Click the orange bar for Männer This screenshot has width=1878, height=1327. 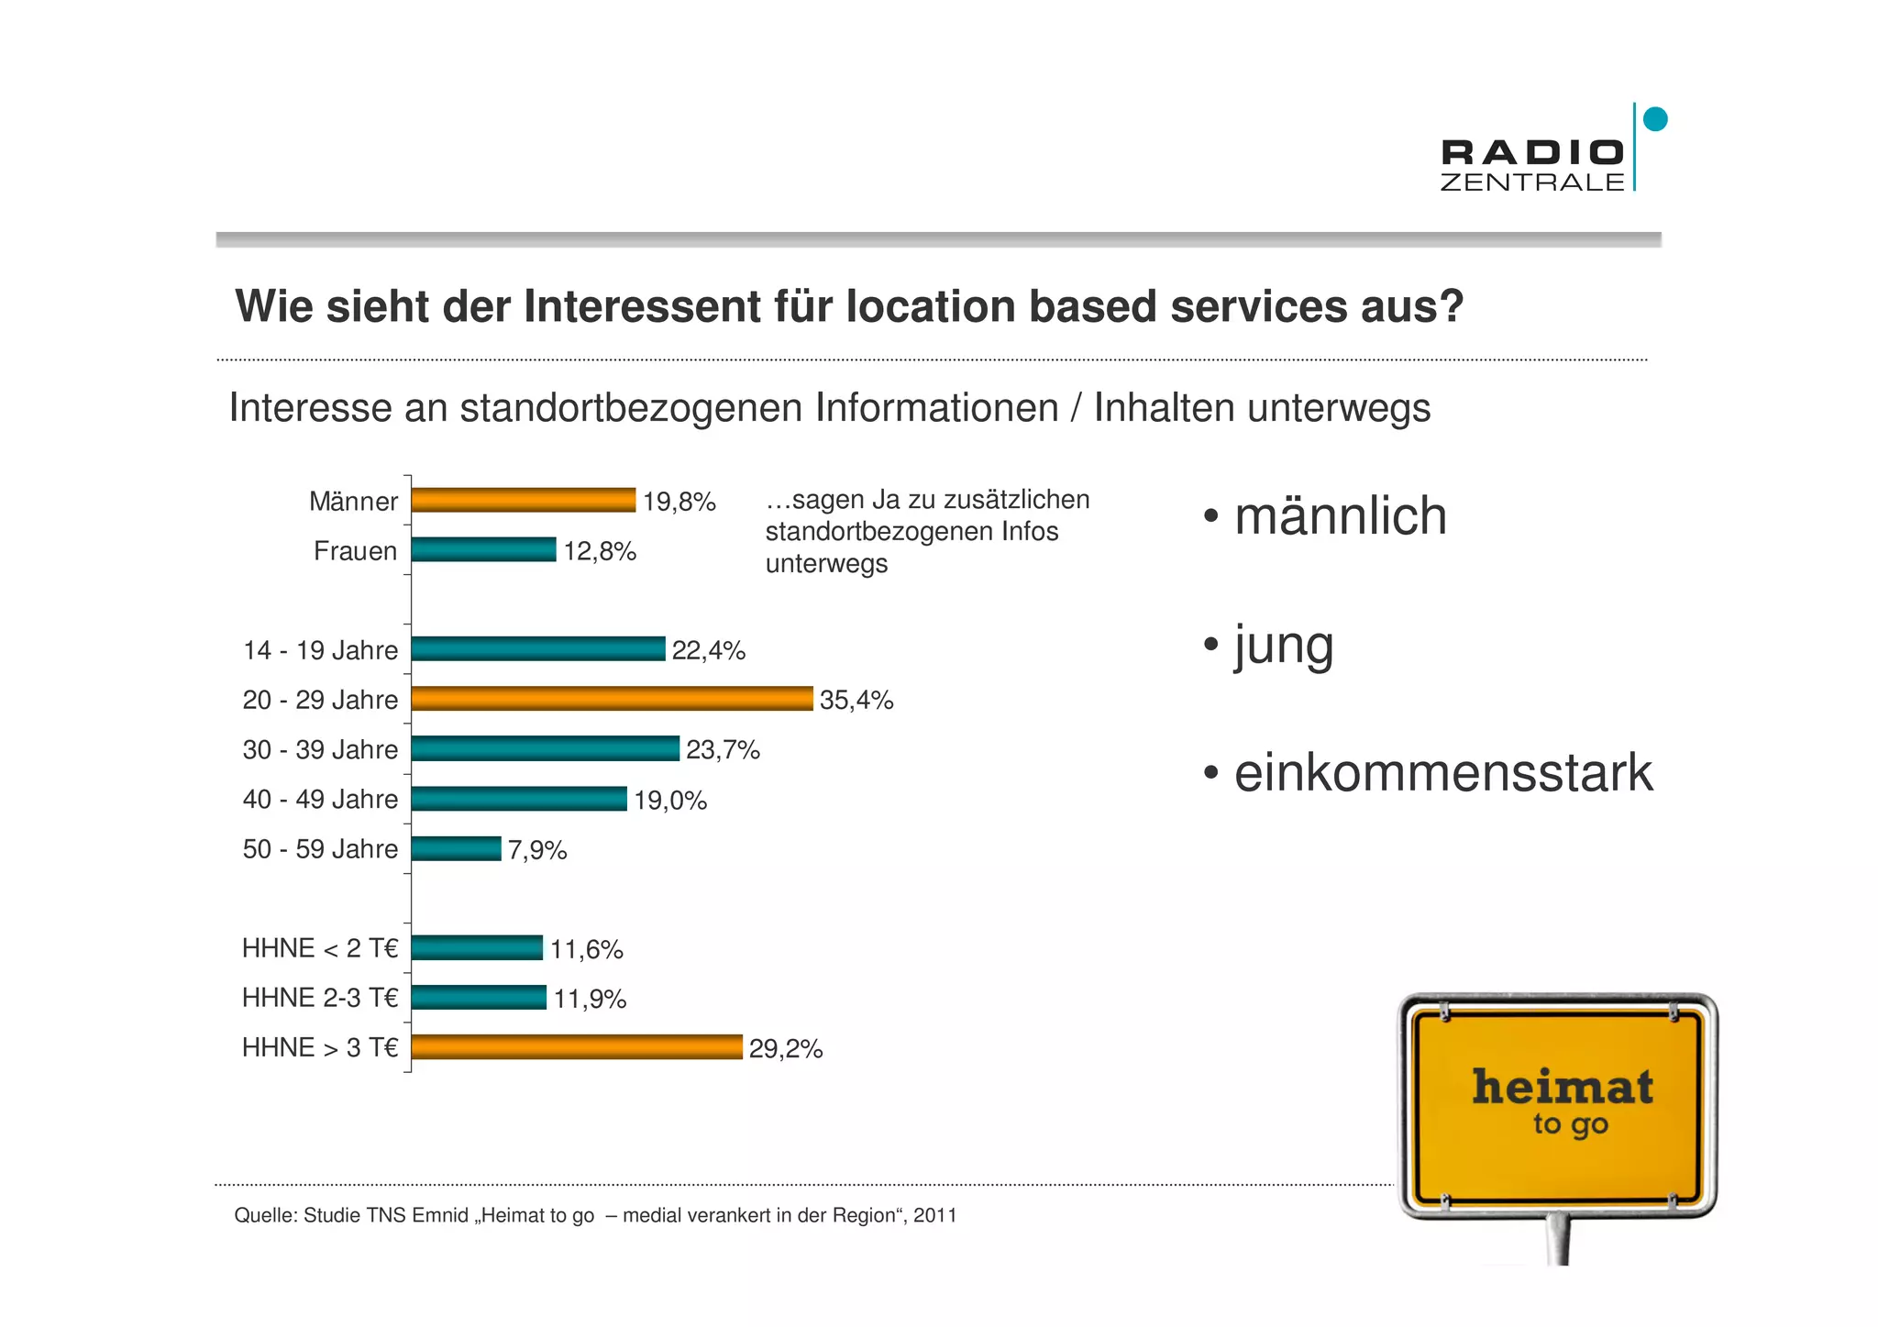click(x=523, y=500)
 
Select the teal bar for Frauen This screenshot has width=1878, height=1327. click(x=483, y=549)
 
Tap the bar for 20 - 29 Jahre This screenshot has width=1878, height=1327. click(x=612, y=699)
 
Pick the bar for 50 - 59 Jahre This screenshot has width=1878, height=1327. click(x=456, y=848)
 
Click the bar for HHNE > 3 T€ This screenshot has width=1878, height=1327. click(x=577, y=1047)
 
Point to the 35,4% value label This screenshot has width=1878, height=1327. click(x=856, y=700)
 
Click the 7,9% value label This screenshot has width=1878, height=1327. click(x=537, y=850)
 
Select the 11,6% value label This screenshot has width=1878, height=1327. click(x=586, y=949)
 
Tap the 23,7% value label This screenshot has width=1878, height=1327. click(x=723, y=750)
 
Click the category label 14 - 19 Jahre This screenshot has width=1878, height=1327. click(x=320, y=650)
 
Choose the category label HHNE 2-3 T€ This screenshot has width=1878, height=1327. click(x=320, y=998)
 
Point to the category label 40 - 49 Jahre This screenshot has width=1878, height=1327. click(x=320, y=800)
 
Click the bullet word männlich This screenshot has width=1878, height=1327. click(x=1340, y=515)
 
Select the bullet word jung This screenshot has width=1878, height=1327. click(x=1284, y=646)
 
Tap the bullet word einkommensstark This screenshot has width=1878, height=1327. click(x=1442, y=773)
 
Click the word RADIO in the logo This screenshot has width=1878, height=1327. click(x=1532, y=152)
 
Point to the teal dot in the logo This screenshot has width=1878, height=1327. click(x=1655, y=119)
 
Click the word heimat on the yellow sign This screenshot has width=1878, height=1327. click(x=1563, y=1088)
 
